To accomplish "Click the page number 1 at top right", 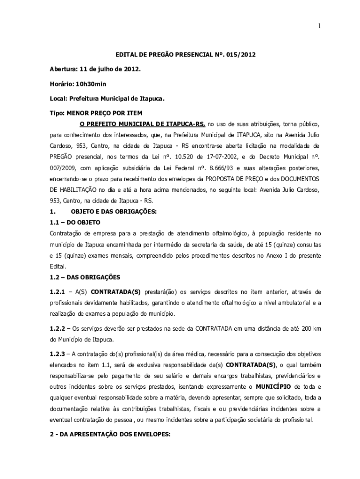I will pos(319,26).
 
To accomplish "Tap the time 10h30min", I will pos(90,84).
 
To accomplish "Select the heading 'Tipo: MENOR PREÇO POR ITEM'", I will pos(96,113).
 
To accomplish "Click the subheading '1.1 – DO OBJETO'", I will pos(75,222).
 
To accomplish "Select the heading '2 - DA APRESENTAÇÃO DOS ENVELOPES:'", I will pos(110,434).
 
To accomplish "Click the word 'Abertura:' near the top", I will pos(64,69).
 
